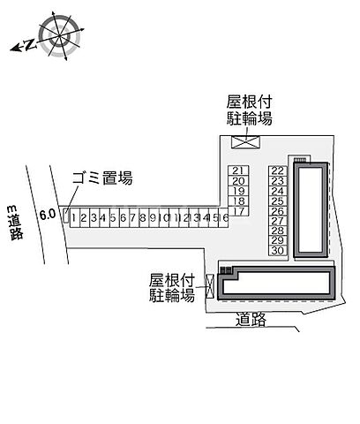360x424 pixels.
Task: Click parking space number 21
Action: click(x=238, y=170)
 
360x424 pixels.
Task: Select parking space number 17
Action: click(x=238, y=211)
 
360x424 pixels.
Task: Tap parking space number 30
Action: click(x=278, y=250)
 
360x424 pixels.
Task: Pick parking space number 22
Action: click(x=278, y=170)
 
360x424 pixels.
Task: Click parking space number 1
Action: click(x=75, y=218)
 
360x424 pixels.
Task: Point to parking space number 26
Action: click(x=278, y=211)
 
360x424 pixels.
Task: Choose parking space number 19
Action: click(x=238, y=191)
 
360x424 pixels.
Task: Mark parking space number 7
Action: click(x=134, y=218)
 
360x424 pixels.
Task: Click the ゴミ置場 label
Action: click(x=102, y=178)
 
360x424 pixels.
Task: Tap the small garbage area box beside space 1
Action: click(x=66, y=216)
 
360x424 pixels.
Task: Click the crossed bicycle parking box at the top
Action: click(x=245, y=142)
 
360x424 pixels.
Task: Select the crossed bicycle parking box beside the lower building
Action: click(x=210, y=286)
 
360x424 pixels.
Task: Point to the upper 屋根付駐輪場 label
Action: click(x=249, y=110)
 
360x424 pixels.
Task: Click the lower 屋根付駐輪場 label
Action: click(x=172, y=287)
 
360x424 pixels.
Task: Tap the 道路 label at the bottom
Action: click(x=251, y=320)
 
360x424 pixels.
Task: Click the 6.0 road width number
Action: click(x=48, y=214)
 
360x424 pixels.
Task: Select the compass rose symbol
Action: click(x=60, y=36)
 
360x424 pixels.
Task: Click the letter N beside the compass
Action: click(x=30, y=44)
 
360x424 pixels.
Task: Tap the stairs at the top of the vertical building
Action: click(x=300, y=159)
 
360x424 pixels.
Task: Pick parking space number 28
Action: click(x=278, y=231)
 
